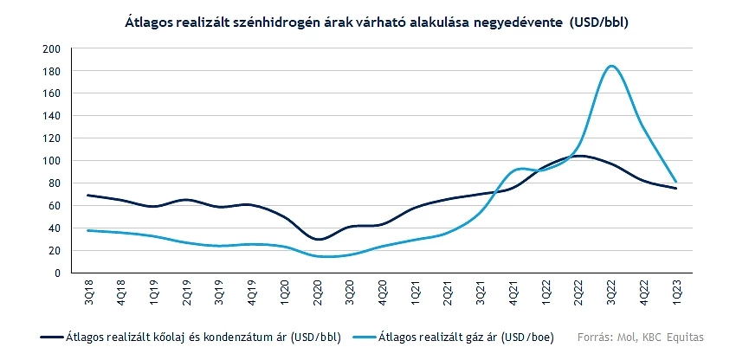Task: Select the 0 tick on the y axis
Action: coord(56,273)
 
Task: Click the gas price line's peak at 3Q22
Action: coord(611,66)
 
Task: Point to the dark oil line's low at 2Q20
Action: coord(320,239)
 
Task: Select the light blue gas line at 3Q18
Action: coord(89,230)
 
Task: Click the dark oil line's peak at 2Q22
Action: coord(578,156)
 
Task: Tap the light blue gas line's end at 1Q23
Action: coord(676,182)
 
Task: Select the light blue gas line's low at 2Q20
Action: coord(320,256)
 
